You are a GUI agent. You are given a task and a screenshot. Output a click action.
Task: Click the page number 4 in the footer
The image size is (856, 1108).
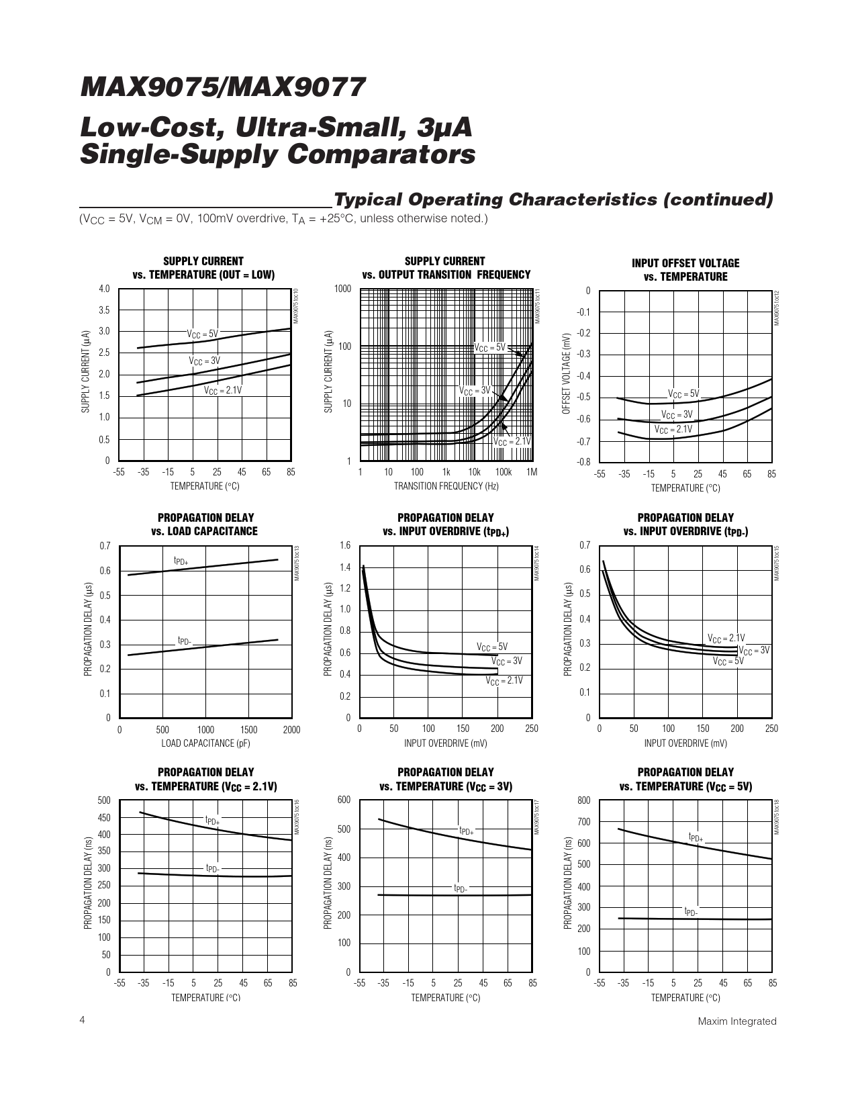(82, 1020)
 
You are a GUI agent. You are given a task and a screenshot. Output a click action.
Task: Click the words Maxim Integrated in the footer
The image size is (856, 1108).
(736, 1021)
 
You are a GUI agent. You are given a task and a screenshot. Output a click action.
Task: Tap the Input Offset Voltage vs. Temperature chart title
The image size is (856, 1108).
(685, 270)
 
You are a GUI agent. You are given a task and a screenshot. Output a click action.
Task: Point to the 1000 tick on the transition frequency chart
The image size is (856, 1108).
(342, 289)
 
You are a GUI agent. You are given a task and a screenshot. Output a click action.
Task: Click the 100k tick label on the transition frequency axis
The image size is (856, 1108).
(503, 472)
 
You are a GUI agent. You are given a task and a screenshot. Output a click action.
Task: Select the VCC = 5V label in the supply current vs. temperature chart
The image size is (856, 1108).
(202, 334)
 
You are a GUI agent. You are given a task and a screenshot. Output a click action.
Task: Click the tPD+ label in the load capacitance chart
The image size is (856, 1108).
(181, 560)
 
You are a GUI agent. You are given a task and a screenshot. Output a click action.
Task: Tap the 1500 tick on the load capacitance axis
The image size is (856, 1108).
(248, 730)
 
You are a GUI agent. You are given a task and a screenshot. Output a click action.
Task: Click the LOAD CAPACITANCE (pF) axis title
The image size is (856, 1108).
(205, 743)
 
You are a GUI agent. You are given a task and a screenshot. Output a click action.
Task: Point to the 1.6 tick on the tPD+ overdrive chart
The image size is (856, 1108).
(344, 545)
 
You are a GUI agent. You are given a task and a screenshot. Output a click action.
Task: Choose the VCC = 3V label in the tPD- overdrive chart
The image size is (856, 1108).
(753, 650)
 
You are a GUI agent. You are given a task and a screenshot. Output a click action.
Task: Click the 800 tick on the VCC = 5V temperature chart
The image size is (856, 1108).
(583, 800)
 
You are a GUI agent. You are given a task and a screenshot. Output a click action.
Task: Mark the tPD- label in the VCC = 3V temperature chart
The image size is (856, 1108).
(460, 888)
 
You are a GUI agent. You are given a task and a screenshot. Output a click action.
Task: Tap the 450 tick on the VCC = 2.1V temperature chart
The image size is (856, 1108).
(103, 818)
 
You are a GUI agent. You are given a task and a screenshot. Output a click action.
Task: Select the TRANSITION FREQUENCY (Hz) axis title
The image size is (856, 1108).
(446, 486)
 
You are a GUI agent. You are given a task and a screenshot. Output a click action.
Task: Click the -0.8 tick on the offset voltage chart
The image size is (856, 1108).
(583, 462)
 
